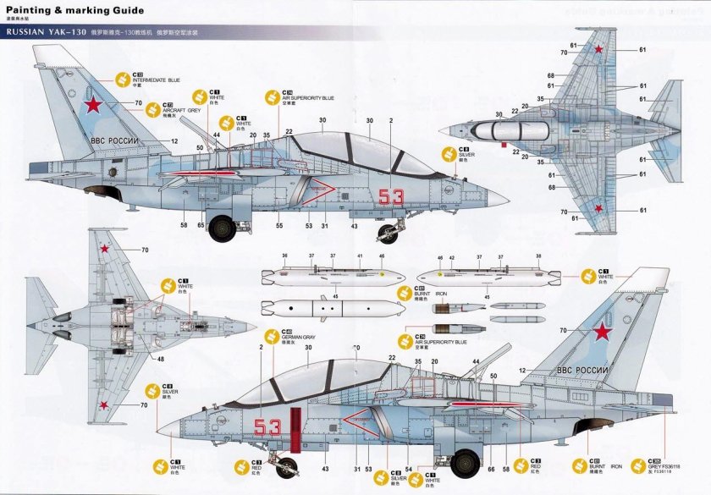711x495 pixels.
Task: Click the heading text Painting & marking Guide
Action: coord(69,12)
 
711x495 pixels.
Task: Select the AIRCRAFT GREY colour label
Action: coord(177,111)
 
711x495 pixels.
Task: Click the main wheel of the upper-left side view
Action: coord(223,226)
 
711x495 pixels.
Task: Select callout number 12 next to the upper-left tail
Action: coord(174,141)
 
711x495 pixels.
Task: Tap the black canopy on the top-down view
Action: coord(498,130)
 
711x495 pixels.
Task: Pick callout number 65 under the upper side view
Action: coord(201,226)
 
